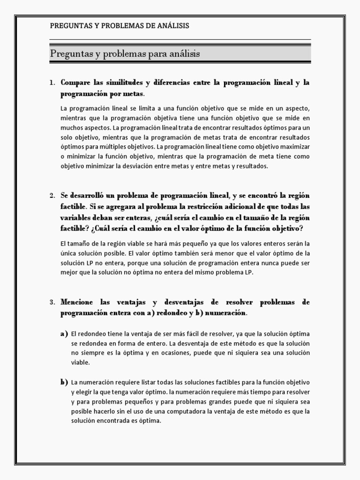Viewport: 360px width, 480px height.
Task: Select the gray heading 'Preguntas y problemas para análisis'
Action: (x=125, y=54)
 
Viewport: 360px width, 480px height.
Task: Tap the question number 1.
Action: (x=52, y=82)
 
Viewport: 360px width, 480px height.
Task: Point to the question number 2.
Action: (x=52, y=195)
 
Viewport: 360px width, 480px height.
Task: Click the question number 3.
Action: (x=52, y=302)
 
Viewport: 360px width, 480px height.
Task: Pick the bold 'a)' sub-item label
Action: (x=64, y=334)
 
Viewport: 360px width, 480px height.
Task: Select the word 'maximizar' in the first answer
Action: (x=296, y=147)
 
